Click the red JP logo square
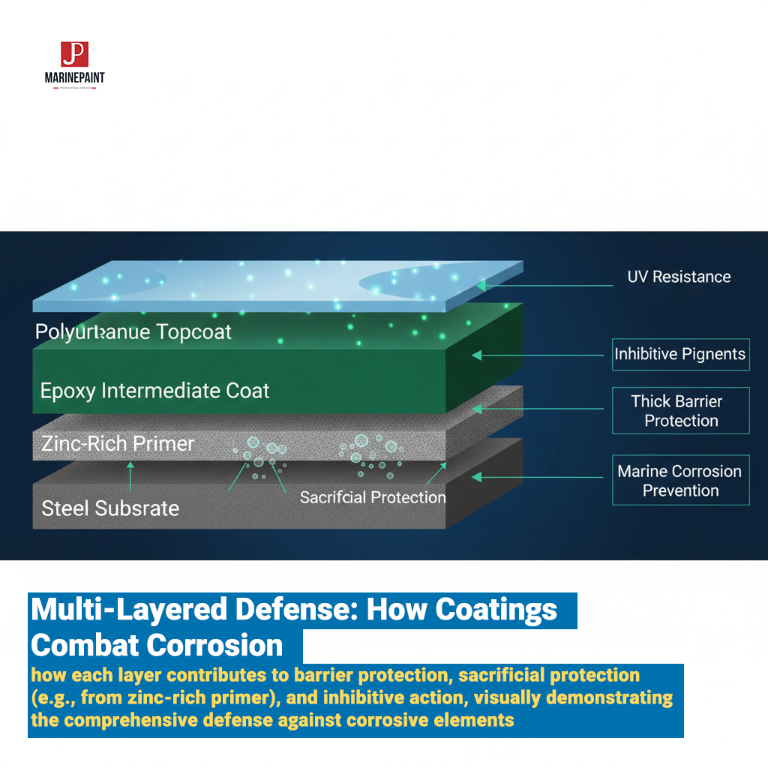pos(74,55)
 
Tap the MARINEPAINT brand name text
pos(75,77)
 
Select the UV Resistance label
pos(679,277)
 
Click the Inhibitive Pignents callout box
pos(680,354)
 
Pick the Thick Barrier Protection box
pos(680,410)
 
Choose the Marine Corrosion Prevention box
pos(680,480)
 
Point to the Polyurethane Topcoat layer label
pos(133,331)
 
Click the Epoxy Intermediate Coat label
pos(154,390)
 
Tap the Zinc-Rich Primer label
pos(118,443)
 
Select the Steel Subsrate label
pos(110,508)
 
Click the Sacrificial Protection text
pos(373,496)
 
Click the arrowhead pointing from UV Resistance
pos(480,285)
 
